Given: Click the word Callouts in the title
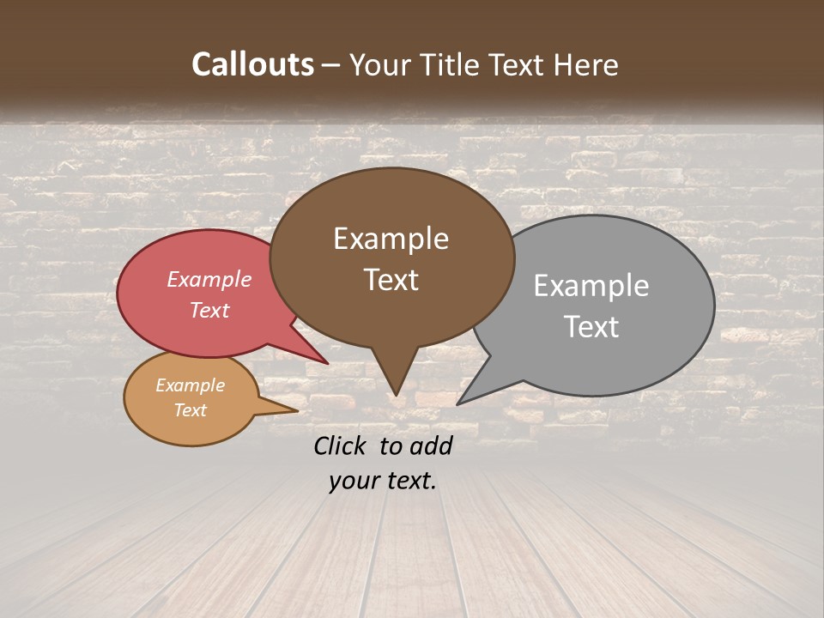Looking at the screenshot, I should click(252, 64).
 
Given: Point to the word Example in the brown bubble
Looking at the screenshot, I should click(391, 239).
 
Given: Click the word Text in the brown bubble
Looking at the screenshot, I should click(391, 280).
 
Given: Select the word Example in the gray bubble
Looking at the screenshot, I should click(591, 286).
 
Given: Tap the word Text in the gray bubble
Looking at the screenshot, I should click(591, 327).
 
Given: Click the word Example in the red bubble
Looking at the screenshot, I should click(209, 280).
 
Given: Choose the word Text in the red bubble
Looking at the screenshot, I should click(209, 311).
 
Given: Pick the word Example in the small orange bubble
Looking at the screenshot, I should click(190, 385).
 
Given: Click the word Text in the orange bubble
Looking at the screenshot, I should click(190, 410).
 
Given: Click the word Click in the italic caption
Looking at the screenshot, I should click(341, 445).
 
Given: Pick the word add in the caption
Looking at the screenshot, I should click(431, 445).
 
